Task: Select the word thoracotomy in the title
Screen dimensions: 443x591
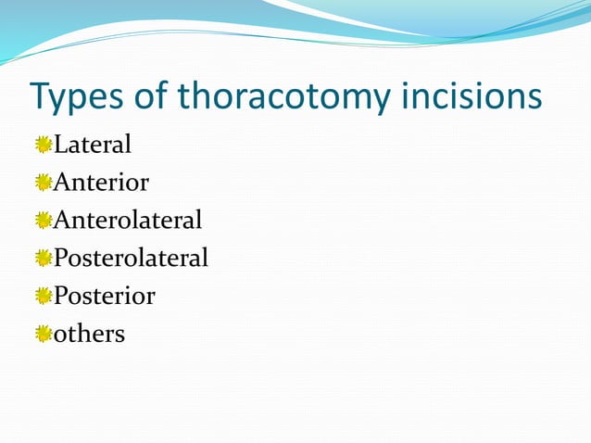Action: pyautogui.click(x=295, y=97)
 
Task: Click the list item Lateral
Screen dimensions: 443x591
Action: pyautogui.click(x=93, y=145)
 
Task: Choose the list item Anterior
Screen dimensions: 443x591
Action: pyautogui.click(x=101, y=183)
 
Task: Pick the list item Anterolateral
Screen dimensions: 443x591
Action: pyautogui.click(x=128, y=221)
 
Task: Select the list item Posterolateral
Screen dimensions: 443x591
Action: pyautogui.click(x=131, y=258)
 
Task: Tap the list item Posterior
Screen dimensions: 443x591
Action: pyautogui.click(x=105, y=296)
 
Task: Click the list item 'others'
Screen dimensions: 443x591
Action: pyautogui.click(x=89, y=334)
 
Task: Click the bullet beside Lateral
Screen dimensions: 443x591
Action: pyautogui.click(x=44, y=145)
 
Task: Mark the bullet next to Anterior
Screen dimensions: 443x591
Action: pyautogui.click(x=44, y=183)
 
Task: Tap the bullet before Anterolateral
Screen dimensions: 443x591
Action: pyautogui.click(x=44, y=221)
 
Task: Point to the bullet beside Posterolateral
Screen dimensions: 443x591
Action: pyautogui.click(x=44, y=259)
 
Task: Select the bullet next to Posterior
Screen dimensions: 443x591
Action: pyautogui.click(x=44, y=297)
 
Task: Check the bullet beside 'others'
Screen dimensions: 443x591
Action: pyautogui.click(x=44, y=334)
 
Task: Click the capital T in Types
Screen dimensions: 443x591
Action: pyautogui.click(x=42, y=95)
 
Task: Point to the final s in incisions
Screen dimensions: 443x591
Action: pyautogui.click(x=534, y=99)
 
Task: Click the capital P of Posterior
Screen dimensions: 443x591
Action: pyautogui.click(x=61, y=296)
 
